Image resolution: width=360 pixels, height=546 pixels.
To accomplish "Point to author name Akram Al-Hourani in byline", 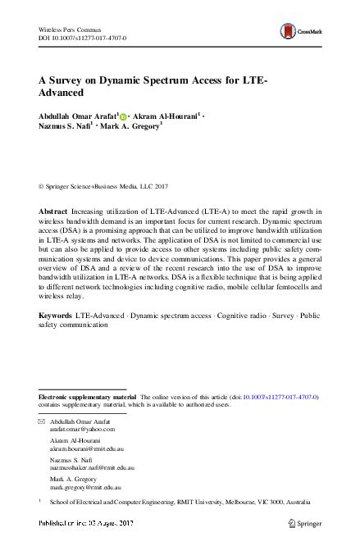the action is pos(169,116).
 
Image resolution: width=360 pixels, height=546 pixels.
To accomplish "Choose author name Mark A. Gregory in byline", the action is pos(132,129).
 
